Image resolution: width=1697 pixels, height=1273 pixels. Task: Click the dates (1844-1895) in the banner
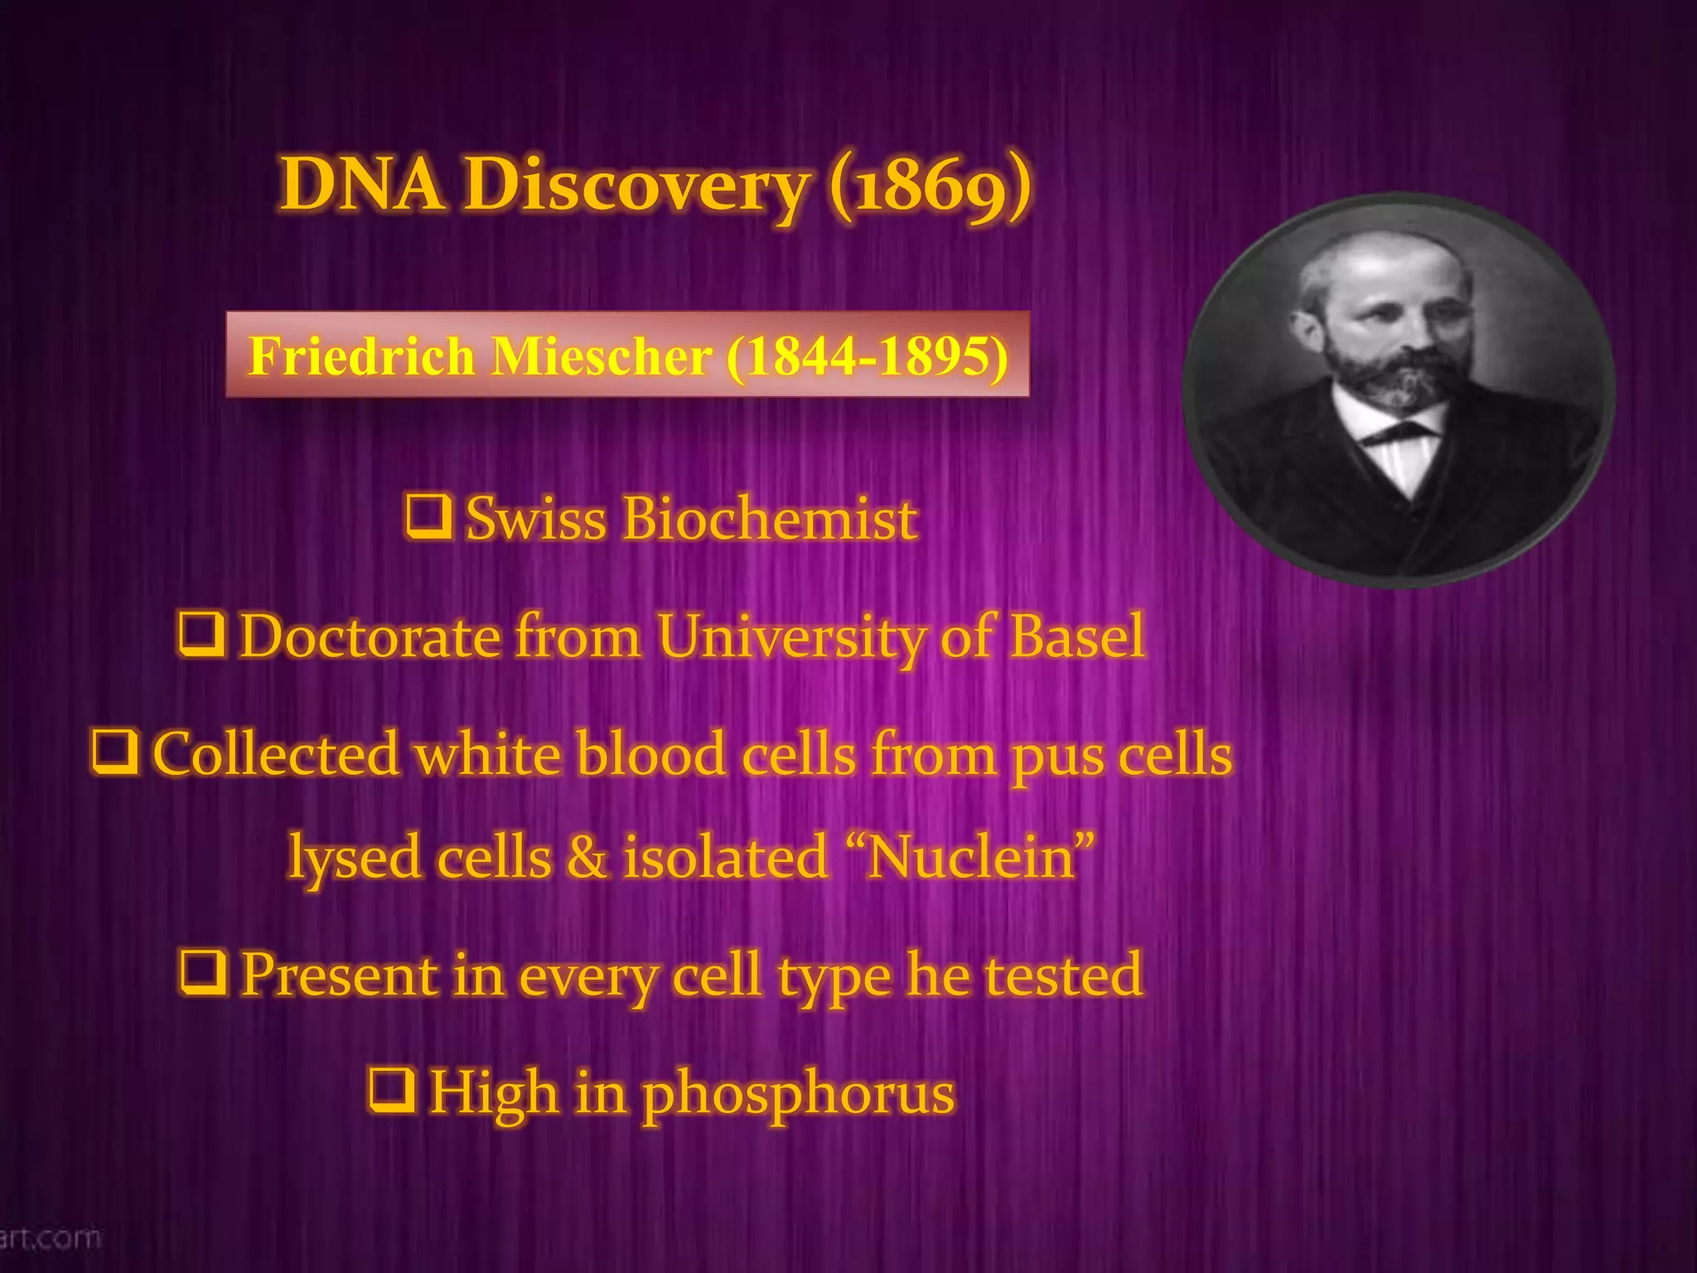point(868,356)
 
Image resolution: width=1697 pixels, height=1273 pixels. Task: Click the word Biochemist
point(771,519)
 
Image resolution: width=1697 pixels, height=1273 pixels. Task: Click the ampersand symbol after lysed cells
point(587,858)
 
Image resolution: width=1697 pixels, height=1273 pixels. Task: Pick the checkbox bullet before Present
point(204,972)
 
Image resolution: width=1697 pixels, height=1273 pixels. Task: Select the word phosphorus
point(799,1094)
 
